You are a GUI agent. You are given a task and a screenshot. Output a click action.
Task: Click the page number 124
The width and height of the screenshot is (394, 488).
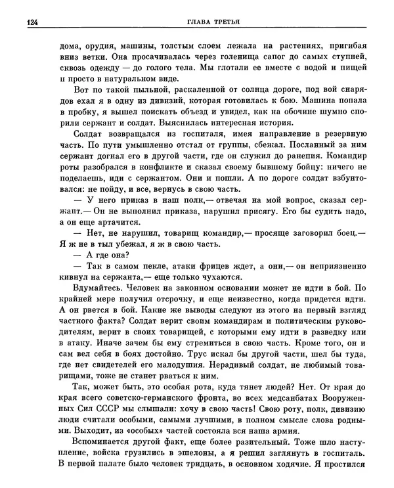click(31, 22)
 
